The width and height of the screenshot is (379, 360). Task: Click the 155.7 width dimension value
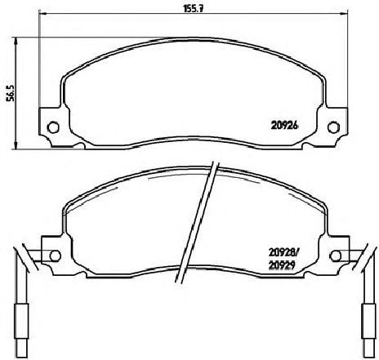(x=193, y=9)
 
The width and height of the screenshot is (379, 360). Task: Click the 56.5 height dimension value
(x=11, y=93)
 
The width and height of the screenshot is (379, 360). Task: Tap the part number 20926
(x=285, y=126)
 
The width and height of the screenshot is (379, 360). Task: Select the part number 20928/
(x=283, y=253)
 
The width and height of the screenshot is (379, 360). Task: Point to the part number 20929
(x=282, y=265)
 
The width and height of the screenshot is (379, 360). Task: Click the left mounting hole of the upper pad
(x=53, y=127)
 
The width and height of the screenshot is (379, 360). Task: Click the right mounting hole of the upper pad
(x=333, y=127)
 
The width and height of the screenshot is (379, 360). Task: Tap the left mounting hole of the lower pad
(x=55, y=256)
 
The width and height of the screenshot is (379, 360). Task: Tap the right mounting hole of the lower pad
(x=336, y=256)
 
